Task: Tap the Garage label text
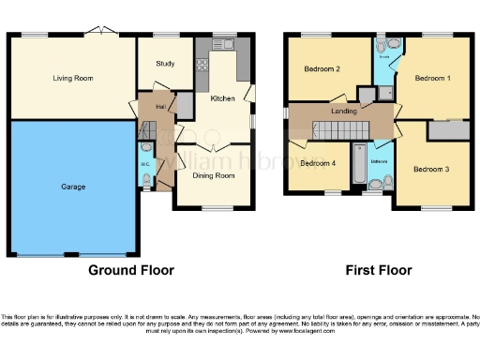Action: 73,187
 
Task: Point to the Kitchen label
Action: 222,98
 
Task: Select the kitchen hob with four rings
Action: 201,65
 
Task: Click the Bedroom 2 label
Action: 322,68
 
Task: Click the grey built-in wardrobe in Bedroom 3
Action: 447,131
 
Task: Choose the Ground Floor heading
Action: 130,271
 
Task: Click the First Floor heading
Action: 379,271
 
